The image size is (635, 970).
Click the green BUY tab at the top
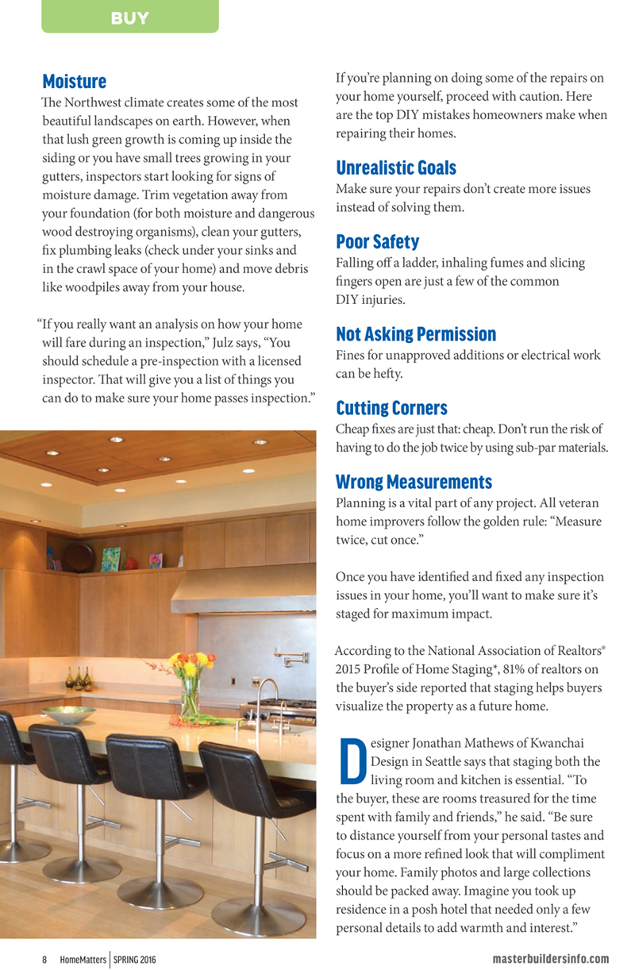click(x=129, y=17)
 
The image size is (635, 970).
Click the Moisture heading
click(x=74, y=82)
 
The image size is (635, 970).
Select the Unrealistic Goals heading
click(x=396, y=168)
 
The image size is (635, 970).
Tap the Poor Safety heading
click(x=377, y=241)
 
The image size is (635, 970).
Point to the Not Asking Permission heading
click(x=416, y=334)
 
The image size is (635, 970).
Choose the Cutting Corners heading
click(x=391, y=409)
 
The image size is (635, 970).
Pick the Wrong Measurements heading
click(x=414, y=482)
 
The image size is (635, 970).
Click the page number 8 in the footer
click(x=44, y=959)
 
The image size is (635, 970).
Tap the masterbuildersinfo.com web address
click(x=550, y=959)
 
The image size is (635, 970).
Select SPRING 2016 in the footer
click(x=134, y=959)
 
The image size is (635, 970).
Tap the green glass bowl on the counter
click(x=68, y=714)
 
